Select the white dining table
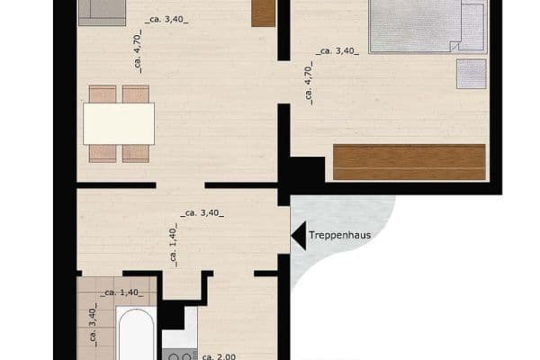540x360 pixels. pos(119,124)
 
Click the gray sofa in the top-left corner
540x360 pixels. pos(103,10)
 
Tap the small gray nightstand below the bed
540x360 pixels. pos(472,74)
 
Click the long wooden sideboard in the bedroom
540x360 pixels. pos(409,162)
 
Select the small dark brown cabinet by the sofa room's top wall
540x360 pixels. pos(263,13)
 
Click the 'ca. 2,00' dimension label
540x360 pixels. pos(219,356)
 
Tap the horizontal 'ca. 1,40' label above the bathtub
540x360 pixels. pos(120,292)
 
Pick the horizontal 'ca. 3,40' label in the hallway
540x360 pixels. pos(202,213)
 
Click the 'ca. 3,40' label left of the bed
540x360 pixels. pos(337,51)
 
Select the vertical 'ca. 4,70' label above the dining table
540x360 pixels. pos(137,59)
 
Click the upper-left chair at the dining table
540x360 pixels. pos(103,94)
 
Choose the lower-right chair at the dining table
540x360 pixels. pos(136,153)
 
